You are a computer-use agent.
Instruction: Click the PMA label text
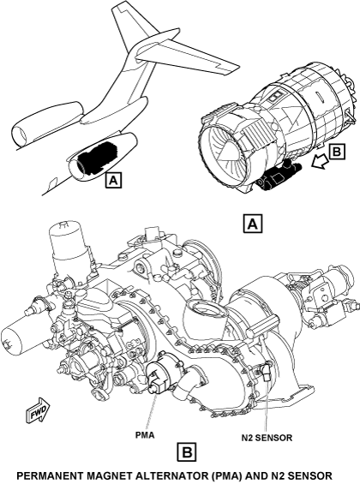(145, 435)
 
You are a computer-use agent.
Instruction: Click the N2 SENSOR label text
(267, 438)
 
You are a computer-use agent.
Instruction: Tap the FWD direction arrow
(38, 410)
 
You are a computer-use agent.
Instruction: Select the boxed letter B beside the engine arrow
(337, 152)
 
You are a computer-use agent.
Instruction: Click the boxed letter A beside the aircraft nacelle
(114, 180)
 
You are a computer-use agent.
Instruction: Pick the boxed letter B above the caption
(187, 452)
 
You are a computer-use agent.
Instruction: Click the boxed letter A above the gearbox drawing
(253, 224)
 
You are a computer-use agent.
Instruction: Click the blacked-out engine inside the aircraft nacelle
(96, 157)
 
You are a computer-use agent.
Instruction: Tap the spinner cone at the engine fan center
(229, 149)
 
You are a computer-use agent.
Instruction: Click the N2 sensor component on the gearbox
(265, 373)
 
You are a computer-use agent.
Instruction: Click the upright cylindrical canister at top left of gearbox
(69, 248)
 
